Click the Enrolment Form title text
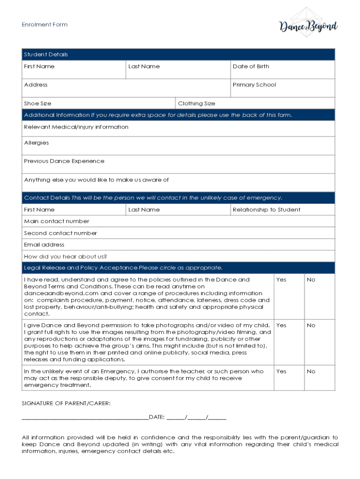(x=44, y=25)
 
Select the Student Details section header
(x=46, y=55)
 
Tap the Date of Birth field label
(x=251, y=66)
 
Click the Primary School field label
(x=254, y=85)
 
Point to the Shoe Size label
(x=37, y=103)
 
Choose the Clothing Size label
(x=196, y=103)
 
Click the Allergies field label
(x=36, y=143)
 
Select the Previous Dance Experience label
(x=64, y=161)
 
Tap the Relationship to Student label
(x=266, y=210)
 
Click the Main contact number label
(x=57, y=221)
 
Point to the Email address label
(x=44, y=245)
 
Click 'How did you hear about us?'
(x=65, y=256)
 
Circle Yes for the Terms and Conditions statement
(x=281, y=280)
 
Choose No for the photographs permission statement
(x=311, y=325)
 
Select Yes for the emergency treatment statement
(x=281, y=371)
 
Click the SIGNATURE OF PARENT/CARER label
(x=66, y=403)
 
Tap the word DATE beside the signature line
(x=156, y=417)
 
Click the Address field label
(x=36, y=85)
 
